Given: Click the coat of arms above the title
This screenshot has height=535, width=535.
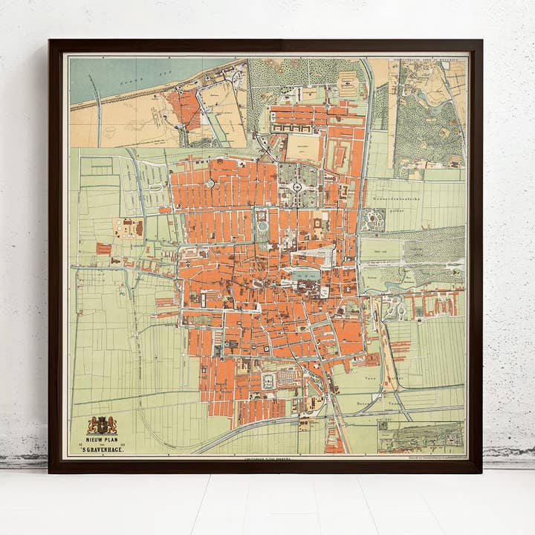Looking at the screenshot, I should click(102, 425).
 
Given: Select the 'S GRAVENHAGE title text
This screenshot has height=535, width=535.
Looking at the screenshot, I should click(102, 450).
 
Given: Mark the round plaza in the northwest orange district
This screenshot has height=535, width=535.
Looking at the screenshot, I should click(210, 183).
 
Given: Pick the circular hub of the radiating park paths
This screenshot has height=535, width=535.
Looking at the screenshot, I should click(296, 186).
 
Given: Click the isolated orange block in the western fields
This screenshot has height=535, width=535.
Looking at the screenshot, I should click(103, 248).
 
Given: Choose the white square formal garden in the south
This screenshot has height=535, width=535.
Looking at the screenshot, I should click(269, 381).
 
